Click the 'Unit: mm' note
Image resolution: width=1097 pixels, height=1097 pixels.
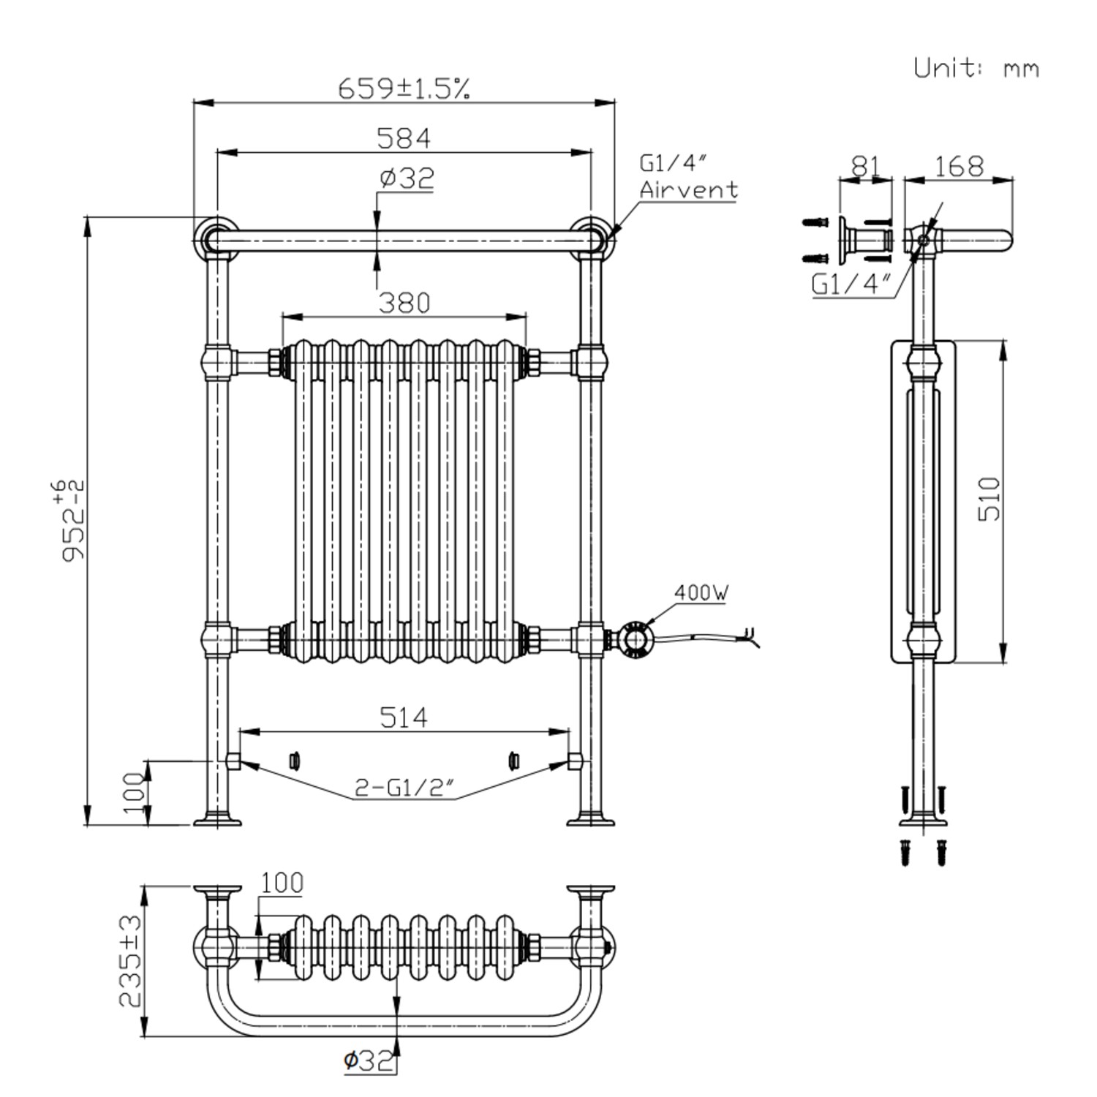(x=976, y=68)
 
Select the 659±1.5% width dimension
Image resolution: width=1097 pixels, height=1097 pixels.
(x=404, y=89)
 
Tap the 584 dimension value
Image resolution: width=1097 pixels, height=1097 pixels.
(x=404, y=138)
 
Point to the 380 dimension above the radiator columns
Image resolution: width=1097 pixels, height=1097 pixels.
(x=404, y=303)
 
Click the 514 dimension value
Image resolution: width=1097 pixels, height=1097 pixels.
(x=404, y=717)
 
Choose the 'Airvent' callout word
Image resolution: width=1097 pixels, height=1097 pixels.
(x=688, y=190)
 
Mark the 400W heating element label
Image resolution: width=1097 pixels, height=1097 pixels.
(x=701, y=592)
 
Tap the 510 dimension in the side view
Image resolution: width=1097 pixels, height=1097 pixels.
(x=989, y=499)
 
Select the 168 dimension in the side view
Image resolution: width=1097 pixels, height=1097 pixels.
(x=959, y=167)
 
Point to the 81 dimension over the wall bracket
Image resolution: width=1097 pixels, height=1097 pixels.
(x=864, y=167)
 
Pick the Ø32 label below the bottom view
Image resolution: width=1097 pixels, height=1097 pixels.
(x=369, y=1060)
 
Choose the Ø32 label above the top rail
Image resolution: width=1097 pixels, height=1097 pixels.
(x=407, y=178)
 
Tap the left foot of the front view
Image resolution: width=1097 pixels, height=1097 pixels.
(x=217, y=819)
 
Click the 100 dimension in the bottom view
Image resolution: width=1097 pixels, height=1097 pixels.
(x=282, y=883)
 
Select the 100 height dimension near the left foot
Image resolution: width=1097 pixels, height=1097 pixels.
(x=134, y=793)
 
